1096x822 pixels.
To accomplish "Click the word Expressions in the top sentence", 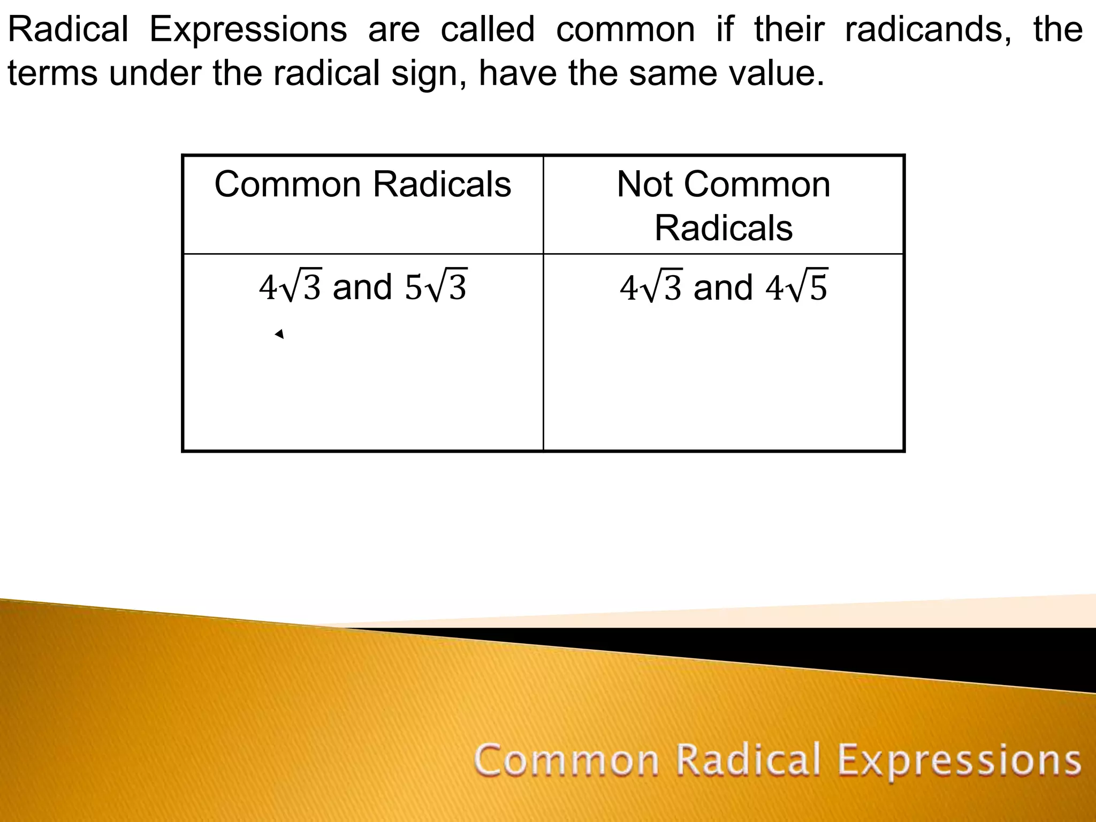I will tap(248, 29).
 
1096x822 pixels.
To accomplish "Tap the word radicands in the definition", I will tap(928, 29).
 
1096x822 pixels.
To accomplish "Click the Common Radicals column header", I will tap(362, 185).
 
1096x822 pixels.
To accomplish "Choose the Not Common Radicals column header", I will tap(724, 206).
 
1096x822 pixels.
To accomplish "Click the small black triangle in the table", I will tap(279, 334).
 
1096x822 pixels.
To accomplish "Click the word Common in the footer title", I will tap(566, 760).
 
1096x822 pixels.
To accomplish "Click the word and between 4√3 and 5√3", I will tap(362, 287).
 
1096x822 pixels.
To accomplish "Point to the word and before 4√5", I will tap(723, 287).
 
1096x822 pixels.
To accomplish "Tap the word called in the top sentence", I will tap(488, 29).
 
